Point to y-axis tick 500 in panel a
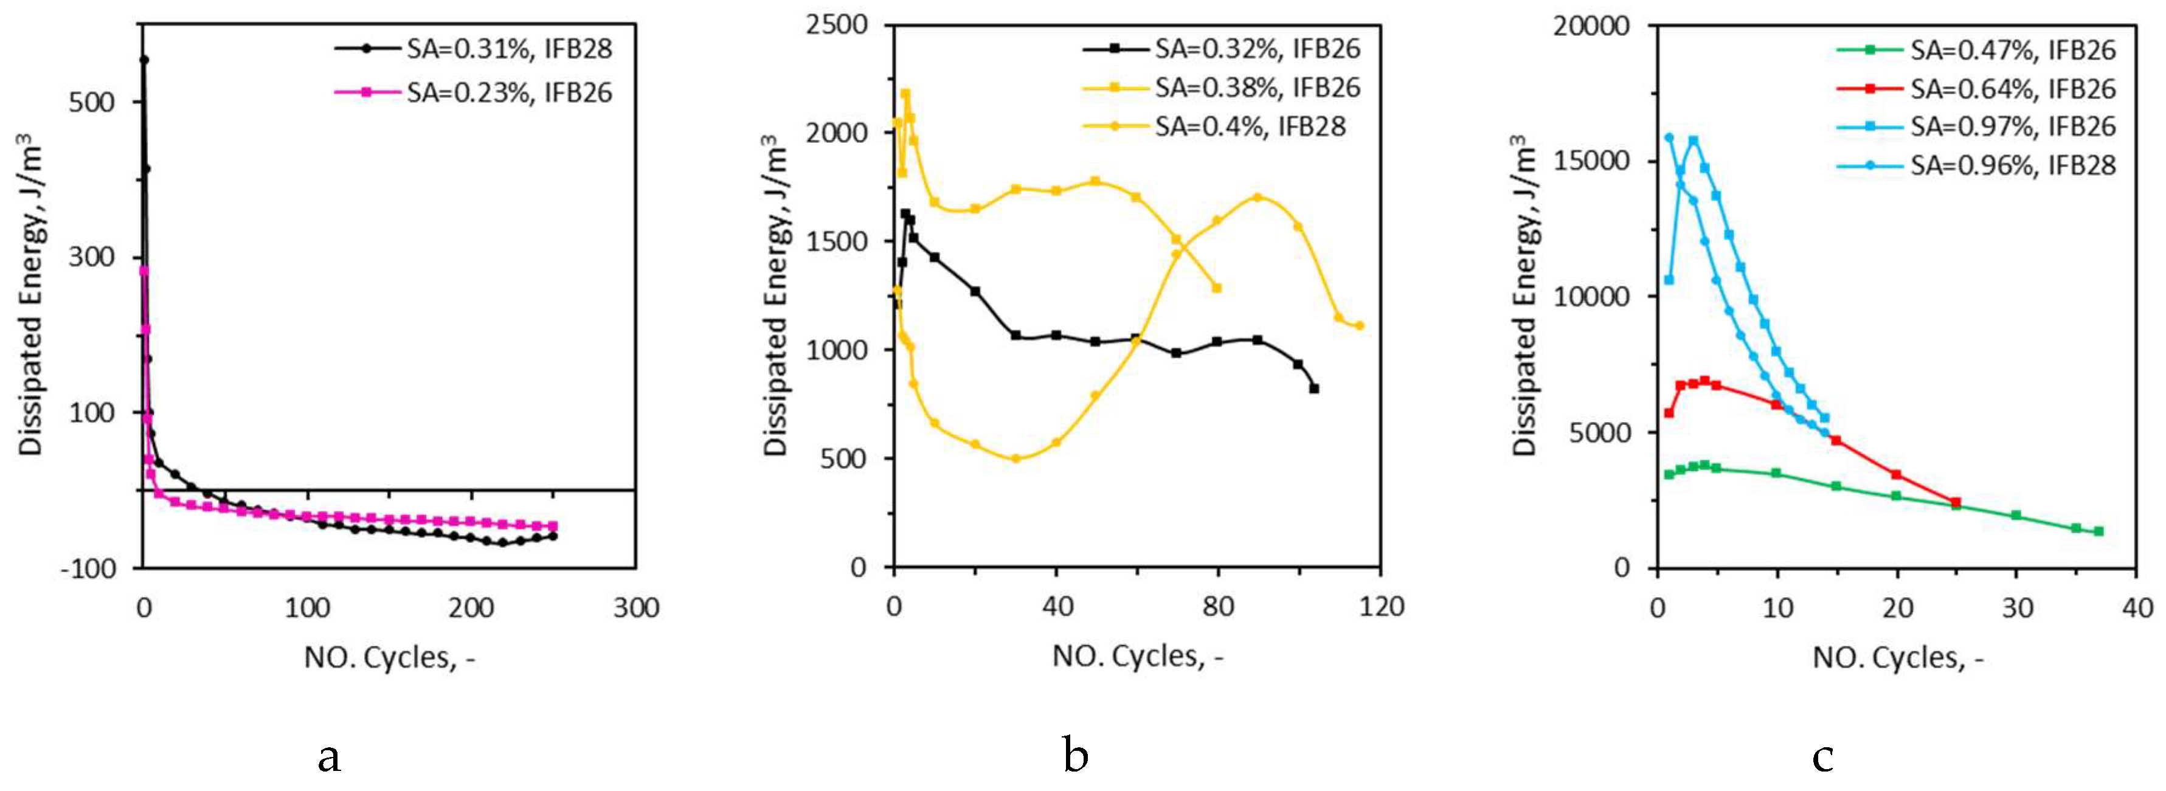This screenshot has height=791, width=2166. click(x=92, y=102)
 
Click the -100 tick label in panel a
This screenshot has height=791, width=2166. click(x=88, y=568)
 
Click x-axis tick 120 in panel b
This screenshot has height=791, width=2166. click(x=1380, y=606)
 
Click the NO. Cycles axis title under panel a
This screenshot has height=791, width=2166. click(x=389, y=657)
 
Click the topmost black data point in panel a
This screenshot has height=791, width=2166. click(x=144, y=60)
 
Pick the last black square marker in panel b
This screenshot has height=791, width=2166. click(x=1314, y=389)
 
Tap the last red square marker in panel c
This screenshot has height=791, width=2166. click(x=1956, y=503)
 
